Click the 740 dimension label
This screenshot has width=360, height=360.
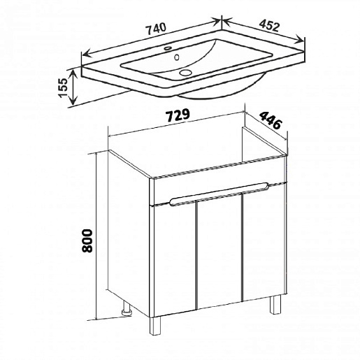point(156,29)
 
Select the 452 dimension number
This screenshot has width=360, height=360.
point(269,25)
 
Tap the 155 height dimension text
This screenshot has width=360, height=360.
point(63,87)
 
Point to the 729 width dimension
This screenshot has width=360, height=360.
point(178,115)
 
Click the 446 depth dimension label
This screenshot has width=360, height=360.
point(271,120)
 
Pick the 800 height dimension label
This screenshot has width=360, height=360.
point(87,240)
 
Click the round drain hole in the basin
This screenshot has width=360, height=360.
point(185,73)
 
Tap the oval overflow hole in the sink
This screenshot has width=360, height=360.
point(177,57)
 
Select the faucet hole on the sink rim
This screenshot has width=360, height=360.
point(168,48)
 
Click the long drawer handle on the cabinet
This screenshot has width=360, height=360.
point(219,194)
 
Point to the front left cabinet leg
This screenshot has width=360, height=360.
point(155,326)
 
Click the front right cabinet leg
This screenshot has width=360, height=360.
point(275,304)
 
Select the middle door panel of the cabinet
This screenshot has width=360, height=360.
point(219,251)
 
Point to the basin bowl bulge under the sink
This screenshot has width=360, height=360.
point(224,89)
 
